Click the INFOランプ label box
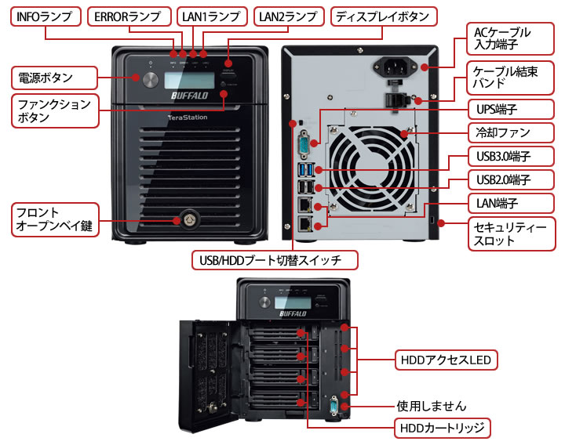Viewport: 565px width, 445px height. click(46, 16)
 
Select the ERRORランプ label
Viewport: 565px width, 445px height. click(129, 16)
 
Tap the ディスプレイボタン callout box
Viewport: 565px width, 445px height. click(384, 16)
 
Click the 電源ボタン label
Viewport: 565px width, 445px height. click(54, 78)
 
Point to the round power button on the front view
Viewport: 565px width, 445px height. click(150, 79)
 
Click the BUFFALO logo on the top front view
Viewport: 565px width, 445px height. click(190, 96)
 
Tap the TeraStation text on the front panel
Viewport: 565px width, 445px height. click(188, 118)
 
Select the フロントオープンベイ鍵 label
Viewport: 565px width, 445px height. click(55, 219)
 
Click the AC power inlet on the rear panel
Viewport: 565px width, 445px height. click(395, 66)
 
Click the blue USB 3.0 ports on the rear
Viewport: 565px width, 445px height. click(306, 170)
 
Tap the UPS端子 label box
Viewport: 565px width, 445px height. click(511, 109)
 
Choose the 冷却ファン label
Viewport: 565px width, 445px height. click(511, 132)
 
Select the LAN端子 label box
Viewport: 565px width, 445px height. click(511, 203)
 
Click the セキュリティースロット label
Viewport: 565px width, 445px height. click(512, 233)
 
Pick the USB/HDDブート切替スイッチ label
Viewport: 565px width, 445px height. click(275, 260)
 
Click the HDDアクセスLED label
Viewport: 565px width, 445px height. click(446, 360)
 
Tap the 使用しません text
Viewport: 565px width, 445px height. click(432, 406)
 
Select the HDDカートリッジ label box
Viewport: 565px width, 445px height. click(442, 428)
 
